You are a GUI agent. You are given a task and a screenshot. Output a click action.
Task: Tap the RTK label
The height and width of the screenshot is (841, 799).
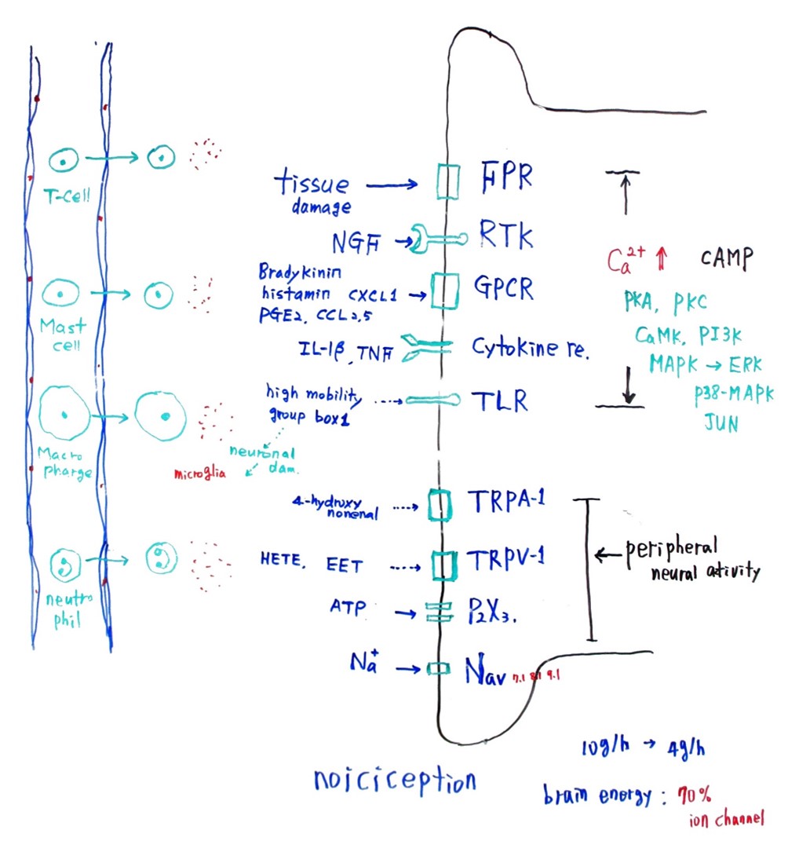click(x=506, y=235)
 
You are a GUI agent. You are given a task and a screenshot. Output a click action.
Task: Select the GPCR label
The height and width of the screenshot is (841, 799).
click(x=503, y=289)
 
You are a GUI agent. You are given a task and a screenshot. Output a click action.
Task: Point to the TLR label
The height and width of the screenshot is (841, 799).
click(x=499, y=402)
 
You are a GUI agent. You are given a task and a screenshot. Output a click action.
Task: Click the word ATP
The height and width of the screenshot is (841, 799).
click(x=348, y=607)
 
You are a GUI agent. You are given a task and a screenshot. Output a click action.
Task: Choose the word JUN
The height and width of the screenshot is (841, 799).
click(x=720, y=424)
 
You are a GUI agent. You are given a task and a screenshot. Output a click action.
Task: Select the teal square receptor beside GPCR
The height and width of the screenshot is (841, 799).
click(x=444, y=291)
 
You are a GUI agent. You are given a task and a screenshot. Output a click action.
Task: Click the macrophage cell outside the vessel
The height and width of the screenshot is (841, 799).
click(x=161, y=415)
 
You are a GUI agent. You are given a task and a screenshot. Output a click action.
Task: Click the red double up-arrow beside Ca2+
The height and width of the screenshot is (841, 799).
click(x=661, y=258)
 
